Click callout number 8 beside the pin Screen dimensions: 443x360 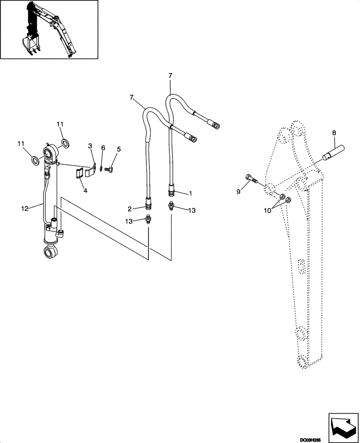pos(334,132)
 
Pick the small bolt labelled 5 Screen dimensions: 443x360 pos(111,168)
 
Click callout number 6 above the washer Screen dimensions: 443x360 pos(103,148)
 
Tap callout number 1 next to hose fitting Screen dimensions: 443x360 pos(190,193)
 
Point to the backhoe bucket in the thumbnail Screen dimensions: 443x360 pos(31,45)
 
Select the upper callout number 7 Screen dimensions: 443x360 pos(170,76)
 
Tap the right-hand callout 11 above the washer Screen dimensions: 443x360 pos(60,124)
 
